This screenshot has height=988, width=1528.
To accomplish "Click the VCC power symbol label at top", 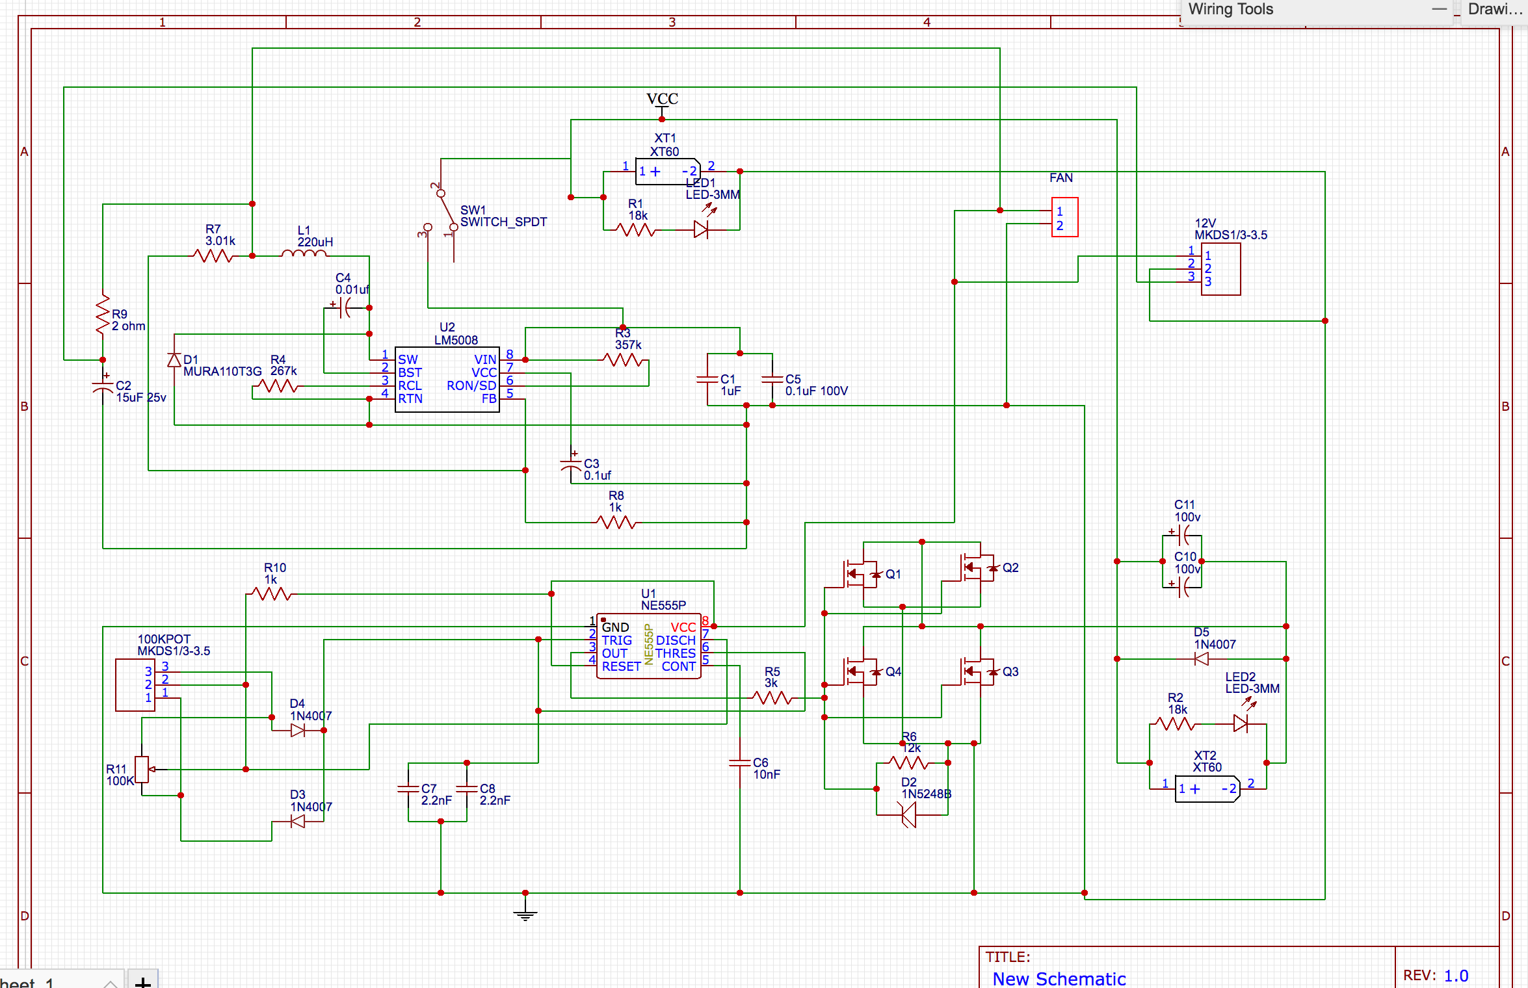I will pos(662,99).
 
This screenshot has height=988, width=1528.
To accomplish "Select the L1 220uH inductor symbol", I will pos(304,254).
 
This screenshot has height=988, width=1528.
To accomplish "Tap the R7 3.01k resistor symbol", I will pos(213,256).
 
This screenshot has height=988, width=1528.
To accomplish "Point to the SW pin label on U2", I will pos(408,359).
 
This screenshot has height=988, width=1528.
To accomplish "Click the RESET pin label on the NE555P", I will pos(621,666).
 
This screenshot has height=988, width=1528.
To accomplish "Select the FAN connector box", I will pos(1064,218).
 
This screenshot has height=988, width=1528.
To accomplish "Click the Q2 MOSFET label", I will pos(1010,568).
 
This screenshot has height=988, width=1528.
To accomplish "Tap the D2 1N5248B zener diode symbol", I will pos(908,814).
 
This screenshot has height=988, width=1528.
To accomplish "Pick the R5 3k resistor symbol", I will pos(772,698).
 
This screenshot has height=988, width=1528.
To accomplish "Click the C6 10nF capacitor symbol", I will pos(740,763).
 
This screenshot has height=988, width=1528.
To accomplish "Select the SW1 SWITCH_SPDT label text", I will pos(503,216).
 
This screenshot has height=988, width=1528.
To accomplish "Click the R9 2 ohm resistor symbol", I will pos(103,315).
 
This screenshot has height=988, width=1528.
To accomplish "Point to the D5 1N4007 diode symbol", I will pos(1202,659).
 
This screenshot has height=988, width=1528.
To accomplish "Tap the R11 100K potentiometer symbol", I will pos(142,770).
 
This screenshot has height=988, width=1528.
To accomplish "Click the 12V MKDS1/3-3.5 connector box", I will pos(1220,269).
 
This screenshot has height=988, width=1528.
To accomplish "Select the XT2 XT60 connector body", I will pos(1207,789).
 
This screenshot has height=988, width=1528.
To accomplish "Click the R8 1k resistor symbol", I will pos(616,522).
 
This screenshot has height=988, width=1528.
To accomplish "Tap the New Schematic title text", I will pos(1059,978).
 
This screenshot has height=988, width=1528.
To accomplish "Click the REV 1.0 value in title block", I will pos(1456,976).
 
